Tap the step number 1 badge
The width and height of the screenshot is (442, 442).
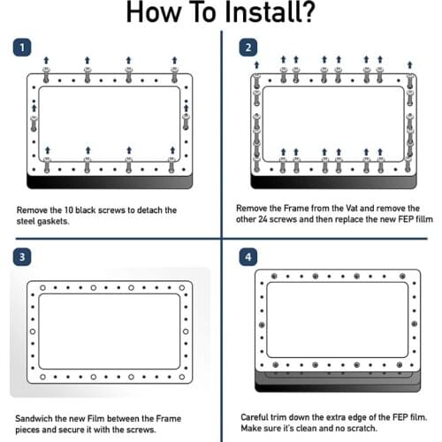[x=22, y=47]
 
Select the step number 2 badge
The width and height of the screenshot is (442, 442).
[x=248, y=47]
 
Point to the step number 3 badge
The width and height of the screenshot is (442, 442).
[x=22, y=256]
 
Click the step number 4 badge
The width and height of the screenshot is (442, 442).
[x=248, y=256]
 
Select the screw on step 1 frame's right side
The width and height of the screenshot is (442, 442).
[x=186, y=122]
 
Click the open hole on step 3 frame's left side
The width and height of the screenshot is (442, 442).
[x=33, y=331]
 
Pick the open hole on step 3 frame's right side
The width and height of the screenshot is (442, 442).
[x=186, y=331]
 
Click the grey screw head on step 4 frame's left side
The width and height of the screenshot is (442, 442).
[x=262, y=324]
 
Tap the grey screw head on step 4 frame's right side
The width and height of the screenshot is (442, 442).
[x=415, y=324]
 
